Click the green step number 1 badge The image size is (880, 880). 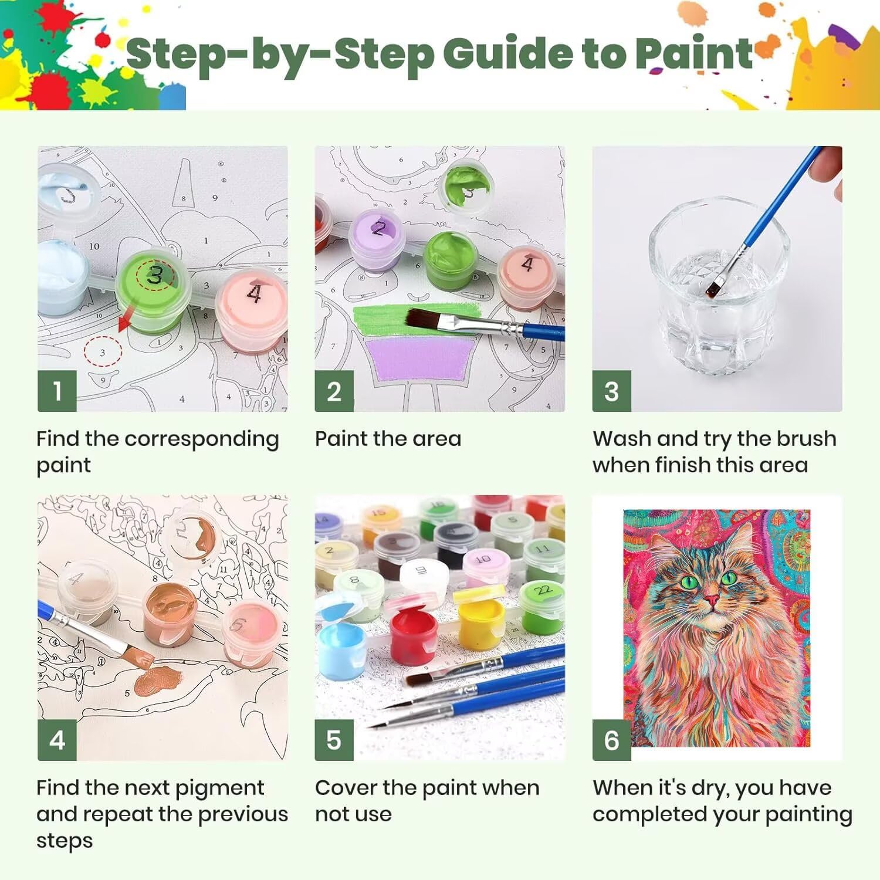pos(57,391)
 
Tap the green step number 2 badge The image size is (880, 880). pos(334,391)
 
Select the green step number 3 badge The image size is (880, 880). pos(611,391)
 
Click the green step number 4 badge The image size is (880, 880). pos(57,740)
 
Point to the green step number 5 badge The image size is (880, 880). pos(334,740)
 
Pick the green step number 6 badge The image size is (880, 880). pos(611,740)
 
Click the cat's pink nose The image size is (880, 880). pos(712,600)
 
